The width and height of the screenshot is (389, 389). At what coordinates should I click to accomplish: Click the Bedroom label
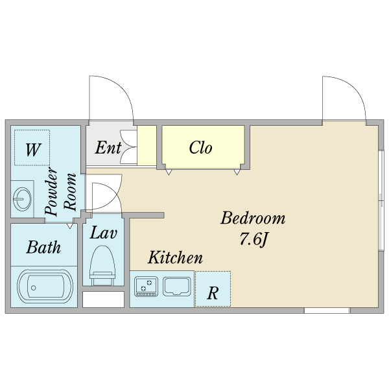pyautogui.click(x=253, y=218)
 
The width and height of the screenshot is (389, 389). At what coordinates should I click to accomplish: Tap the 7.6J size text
pyautogui.click(x=253, y=240)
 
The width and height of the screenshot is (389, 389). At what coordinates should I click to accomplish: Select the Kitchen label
pyautogui.click(x=175, y=258)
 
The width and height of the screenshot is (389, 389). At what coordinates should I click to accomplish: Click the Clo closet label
pyautogui.click(x=200, y=148)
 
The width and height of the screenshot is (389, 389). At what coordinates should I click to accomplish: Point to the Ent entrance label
pyautogui.click(x=108, y=148)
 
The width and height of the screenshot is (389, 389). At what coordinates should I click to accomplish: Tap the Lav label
pyautogui.click(x=103, y=233)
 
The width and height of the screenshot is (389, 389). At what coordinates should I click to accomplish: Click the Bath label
pyautogui.click(x=43, y=247)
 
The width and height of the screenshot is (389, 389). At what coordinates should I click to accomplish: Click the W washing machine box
pyautogui.click(x=32, y=150)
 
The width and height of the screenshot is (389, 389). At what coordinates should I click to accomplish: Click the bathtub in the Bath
pyautogui.click(x=43, y=286)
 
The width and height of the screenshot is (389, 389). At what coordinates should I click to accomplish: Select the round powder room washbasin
pyautogui.click(x=23, y=197)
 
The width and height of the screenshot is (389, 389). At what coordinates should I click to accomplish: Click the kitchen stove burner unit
pyautogui.click(x=147, y=285)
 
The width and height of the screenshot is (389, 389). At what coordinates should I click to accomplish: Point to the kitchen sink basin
pyautogui.click(x=176, y=285)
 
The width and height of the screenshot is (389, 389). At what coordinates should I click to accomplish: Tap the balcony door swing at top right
pyautogui.click(x=344, y=97)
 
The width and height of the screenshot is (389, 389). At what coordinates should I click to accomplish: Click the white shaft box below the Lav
pyautogui.click(x=103, y=300)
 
